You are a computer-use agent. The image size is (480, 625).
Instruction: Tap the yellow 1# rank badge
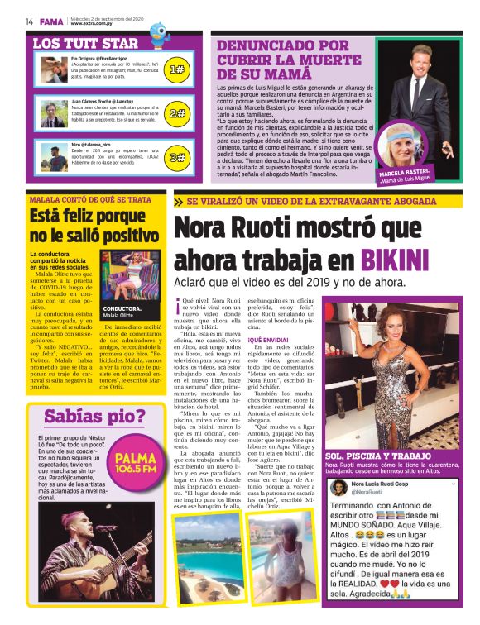pyautogui.click(x=177, y=71)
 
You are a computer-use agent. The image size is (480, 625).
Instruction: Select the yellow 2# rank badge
pyautogui.click(x=177, y=113)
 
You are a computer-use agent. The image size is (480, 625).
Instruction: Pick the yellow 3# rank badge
pyautogui.click(x=177, y=156)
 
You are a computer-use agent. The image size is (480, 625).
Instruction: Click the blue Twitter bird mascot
pyautogui.click(x=159, y=33)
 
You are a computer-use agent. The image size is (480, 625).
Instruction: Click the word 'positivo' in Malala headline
pyautogui.click(x=118, y=236)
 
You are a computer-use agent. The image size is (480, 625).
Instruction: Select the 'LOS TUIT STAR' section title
pyautogui.click(x=84, y=43)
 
